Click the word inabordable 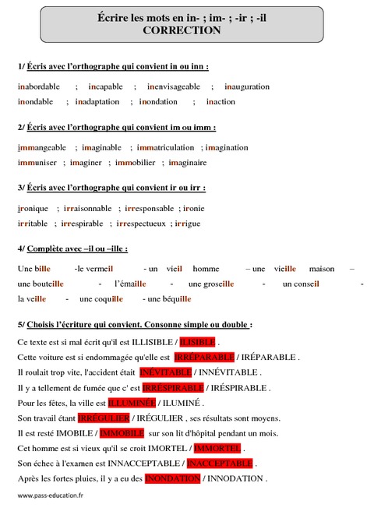(41, 86)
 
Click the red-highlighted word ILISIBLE (197, 342)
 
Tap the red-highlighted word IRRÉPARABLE (203, 357)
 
